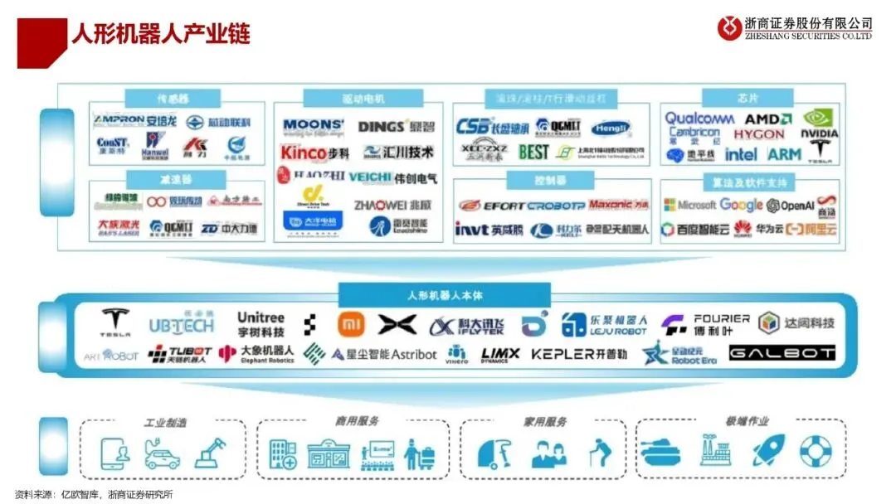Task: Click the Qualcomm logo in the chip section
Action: pyautogui.click(x=699, y=119)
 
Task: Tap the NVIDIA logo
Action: pyautogui.click(x=819, y=124)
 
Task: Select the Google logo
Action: pyautogui.click(x=741, y=205)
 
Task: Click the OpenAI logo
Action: pyautogui.click(x=790, y=206)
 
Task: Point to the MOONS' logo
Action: pyautogui.click(x=314, y=127)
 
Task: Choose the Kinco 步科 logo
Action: pyautogui.click(x=315, y=153)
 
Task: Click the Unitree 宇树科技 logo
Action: pyautogui.click(x=261, y=324)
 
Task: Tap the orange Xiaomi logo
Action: pyautogui.click(x=351, y=325)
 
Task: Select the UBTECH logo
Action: pyautogui.click(x=182, y=325)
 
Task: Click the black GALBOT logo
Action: pyautogui.click(x=782, y=354)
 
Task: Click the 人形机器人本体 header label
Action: pyautogui.click(x=444, y=295)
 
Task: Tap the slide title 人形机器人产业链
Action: pyautogui.click(x=160, y=33)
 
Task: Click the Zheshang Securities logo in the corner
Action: pyautogui.click(x=794, y=27)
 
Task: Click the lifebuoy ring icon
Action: pyautogui.click(x=816, y=451)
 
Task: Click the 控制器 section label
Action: pyautogui.click(x=527, y=180)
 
